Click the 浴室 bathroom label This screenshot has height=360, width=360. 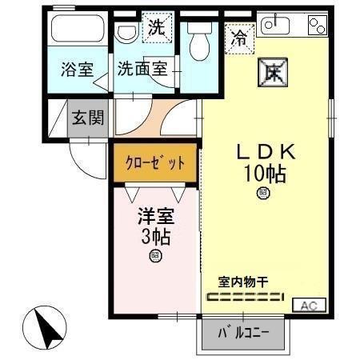77,69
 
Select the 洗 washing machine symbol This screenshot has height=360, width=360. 155,28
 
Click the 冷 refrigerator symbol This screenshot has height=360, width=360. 239,37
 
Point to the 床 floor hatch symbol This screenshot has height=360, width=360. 270,72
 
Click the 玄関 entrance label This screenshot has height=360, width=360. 88,118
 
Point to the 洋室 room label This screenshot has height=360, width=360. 155,217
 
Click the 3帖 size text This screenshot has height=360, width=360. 155,237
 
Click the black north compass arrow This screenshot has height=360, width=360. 49,327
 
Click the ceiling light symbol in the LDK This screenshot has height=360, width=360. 262,193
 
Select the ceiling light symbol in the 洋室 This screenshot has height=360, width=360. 155,256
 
